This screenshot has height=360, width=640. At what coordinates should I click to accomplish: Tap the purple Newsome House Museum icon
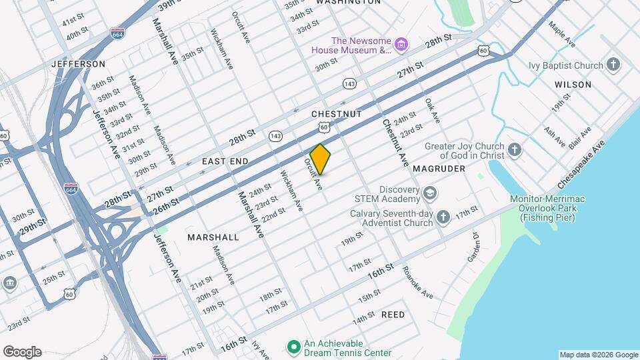click(401, 45)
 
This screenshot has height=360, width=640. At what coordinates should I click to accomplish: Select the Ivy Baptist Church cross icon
click(613, 65)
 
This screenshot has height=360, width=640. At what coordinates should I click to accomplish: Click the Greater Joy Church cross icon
click(514, 150)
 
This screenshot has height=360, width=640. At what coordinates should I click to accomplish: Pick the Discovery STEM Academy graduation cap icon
click(430, 193)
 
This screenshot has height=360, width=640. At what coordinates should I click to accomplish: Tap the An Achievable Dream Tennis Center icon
click(292, 347)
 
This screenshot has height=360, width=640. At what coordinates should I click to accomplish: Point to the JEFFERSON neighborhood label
click(78, 64)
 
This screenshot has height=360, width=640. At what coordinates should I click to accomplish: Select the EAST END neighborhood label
click(225, 161)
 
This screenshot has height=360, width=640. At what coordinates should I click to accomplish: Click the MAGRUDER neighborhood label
click(438, 169)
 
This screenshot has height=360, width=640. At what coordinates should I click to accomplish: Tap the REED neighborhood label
click(393, 314)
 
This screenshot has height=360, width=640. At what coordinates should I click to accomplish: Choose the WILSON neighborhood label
click(573, 85)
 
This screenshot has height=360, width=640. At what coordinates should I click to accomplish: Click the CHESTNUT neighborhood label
click(336, 114)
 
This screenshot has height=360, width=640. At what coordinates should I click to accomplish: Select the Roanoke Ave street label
click(417, 283)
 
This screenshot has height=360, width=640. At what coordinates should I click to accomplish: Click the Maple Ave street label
click(561, 35)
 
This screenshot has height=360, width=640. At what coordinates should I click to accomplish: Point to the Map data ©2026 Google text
click(598, 355)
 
